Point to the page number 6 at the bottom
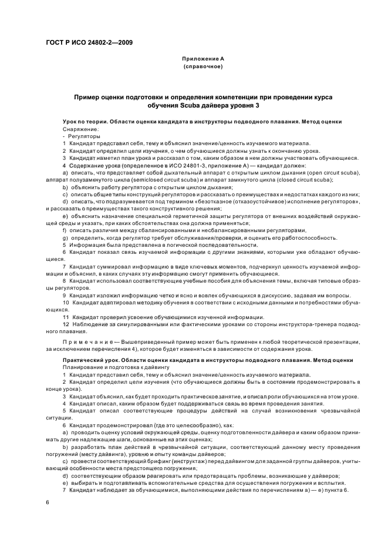pos(48,502)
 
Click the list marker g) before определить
pos(65,237)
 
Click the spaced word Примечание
pos(89,342)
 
